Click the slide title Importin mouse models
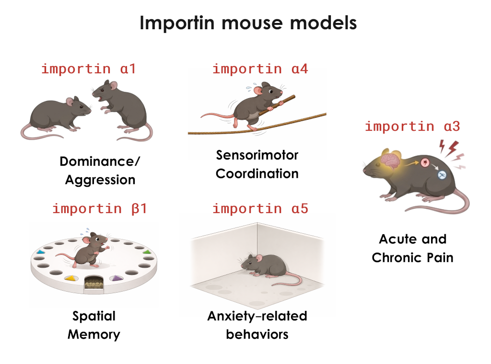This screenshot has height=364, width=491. pos(248,23)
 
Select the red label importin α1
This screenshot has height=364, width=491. pos(88,68)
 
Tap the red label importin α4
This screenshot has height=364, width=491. pos(260,68)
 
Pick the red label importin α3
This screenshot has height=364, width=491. pos(412,126)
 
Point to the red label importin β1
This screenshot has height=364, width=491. pos(100,209)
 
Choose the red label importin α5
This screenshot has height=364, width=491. pos(260,209)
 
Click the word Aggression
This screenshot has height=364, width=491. pos(100,180)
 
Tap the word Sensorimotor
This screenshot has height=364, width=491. pos(257,155)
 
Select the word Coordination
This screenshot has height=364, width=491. pos(257,173)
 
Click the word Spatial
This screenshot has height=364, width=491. pos(94,316)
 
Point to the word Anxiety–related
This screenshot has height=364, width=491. pos(257,316)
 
